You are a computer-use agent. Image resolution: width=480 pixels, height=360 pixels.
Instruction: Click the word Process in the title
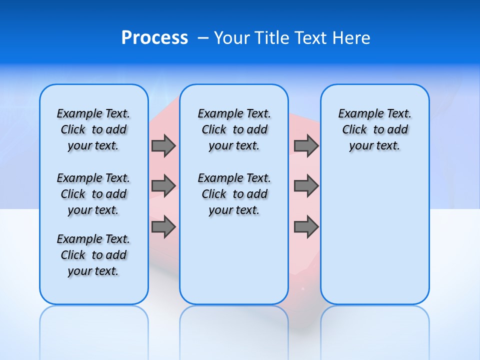click(154, 37)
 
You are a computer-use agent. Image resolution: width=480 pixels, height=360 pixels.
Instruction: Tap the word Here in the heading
click(352, 38)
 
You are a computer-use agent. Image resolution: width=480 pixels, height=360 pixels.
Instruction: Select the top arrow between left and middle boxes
click(163, 145)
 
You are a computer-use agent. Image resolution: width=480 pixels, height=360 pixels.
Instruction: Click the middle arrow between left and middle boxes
click(163, 186)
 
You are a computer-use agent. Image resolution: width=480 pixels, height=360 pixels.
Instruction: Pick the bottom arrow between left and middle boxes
click(163, 227)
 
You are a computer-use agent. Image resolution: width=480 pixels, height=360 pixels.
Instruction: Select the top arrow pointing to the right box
click(306, 145)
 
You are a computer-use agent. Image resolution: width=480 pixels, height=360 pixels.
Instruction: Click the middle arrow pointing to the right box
click(306, 186)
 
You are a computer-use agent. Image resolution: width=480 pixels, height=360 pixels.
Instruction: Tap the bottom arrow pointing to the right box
click(306, 227)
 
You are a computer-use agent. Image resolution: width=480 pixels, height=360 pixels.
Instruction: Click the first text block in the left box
click(93, 129)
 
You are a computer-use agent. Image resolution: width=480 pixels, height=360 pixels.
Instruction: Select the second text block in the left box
click(93, 194)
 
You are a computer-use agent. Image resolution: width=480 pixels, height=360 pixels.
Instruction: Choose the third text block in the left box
click(93, 255)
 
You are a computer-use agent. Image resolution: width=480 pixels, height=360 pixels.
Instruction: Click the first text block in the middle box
click(234, 129)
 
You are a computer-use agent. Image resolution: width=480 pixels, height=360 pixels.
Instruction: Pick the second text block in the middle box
click(234, 194)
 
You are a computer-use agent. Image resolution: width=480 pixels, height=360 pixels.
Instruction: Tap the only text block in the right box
click(374, 129)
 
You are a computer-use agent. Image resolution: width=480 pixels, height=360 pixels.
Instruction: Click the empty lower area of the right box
click(374, 240)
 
